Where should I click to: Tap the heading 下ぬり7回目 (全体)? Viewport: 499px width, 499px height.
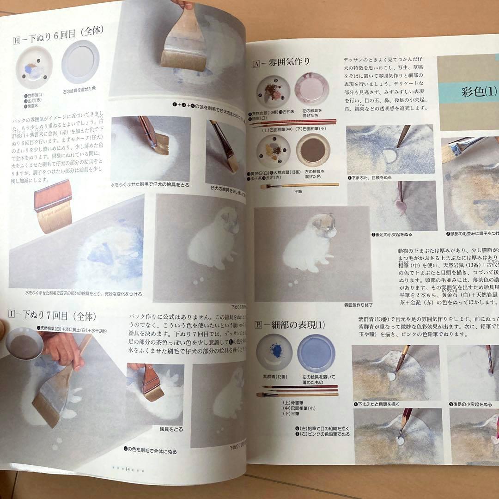53,316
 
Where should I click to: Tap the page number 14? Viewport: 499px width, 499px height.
127,469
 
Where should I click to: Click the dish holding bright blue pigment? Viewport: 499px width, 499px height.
274,351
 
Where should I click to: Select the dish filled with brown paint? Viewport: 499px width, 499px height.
313,150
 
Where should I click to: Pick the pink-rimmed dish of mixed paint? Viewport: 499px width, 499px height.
312,89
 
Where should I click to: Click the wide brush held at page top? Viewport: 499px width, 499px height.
184,44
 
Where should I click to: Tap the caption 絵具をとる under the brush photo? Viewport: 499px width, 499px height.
171,429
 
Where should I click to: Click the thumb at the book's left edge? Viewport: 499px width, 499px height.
3,329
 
